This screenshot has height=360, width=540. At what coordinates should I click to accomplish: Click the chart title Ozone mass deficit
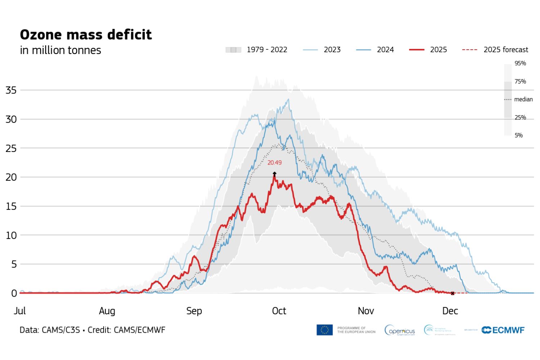(86, 35)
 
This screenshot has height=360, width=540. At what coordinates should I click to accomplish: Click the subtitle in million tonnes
(60, 50)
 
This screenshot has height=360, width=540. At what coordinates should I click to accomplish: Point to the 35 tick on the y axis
(11, 90)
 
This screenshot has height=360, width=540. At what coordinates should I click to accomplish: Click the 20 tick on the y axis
(11, 177)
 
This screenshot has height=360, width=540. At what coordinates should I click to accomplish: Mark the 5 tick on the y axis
(14, 264)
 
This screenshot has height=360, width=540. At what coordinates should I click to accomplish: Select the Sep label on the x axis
(194, 311)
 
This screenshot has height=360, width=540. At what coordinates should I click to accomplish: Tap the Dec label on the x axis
(450, 311)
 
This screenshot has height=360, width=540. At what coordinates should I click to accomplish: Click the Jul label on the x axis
(20, 311)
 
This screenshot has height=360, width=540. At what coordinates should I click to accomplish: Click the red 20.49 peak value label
(274, 163)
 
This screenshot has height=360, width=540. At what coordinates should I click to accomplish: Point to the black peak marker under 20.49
(275, 174)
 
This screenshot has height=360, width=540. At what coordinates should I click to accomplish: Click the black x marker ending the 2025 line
(453, 293)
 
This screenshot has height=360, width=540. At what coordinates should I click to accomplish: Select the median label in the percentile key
(523, 99)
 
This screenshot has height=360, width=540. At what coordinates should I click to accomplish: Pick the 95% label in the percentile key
(520, 63)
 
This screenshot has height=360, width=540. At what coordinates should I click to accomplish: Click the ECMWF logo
(503, 330)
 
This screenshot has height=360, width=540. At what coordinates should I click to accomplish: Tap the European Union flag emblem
(324, 330)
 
